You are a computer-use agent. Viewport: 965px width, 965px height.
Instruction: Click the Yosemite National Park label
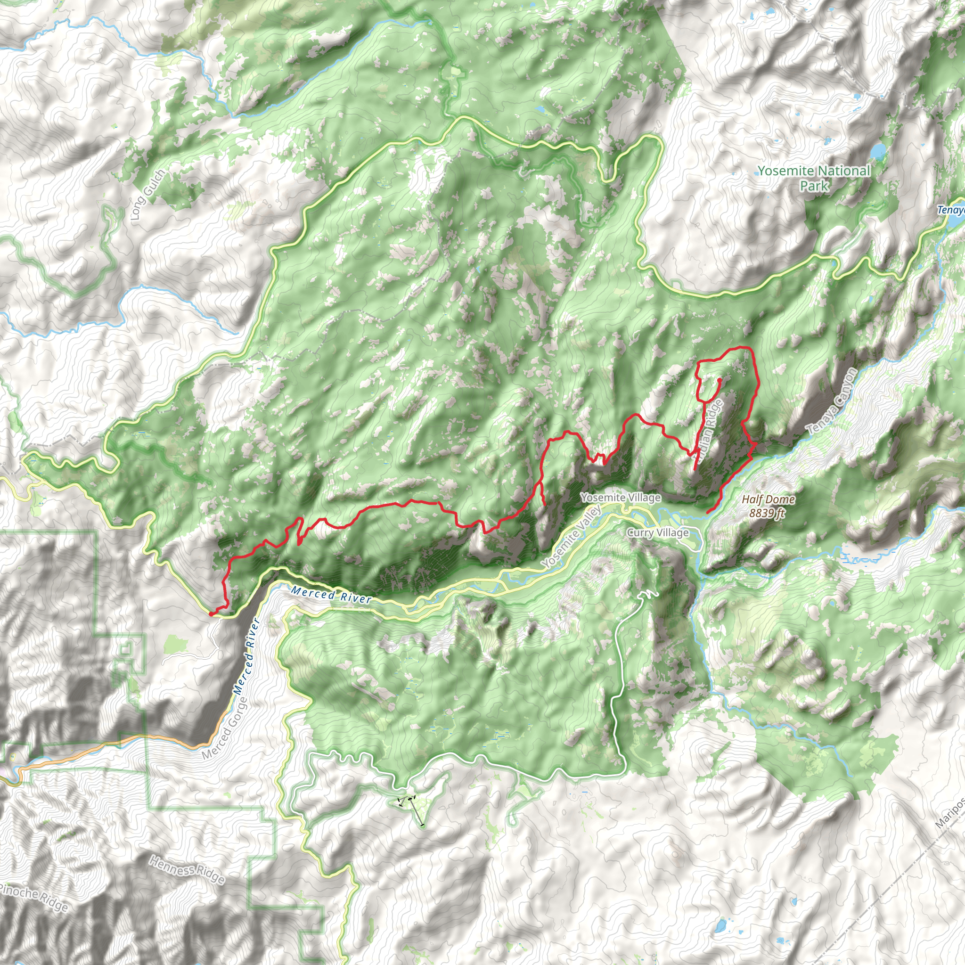(814, 178)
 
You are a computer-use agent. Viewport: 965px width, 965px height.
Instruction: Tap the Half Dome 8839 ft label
(768, 506)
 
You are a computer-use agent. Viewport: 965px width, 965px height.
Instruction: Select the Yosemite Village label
(621, 498)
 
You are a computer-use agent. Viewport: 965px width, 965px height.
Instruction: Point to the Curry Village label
(657, 532)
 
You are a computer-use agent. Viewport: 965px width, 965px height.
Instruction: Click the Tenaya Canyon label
(832, 401)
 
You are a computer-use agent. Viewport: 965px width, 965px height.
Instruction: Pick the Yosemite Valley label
(572, 536)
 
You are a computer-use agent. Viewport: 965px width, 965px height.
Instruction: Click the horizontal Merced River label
(332, 595)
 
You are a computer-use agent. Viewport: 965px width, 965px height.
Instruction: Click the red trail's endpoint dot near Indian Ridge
(719, 380)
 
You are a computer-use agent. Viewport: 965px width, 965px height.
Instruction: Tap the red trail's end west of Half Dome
(708, 512)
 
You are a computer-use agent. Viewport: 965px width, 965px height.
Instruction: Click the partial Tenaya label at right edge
(951, 210)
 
